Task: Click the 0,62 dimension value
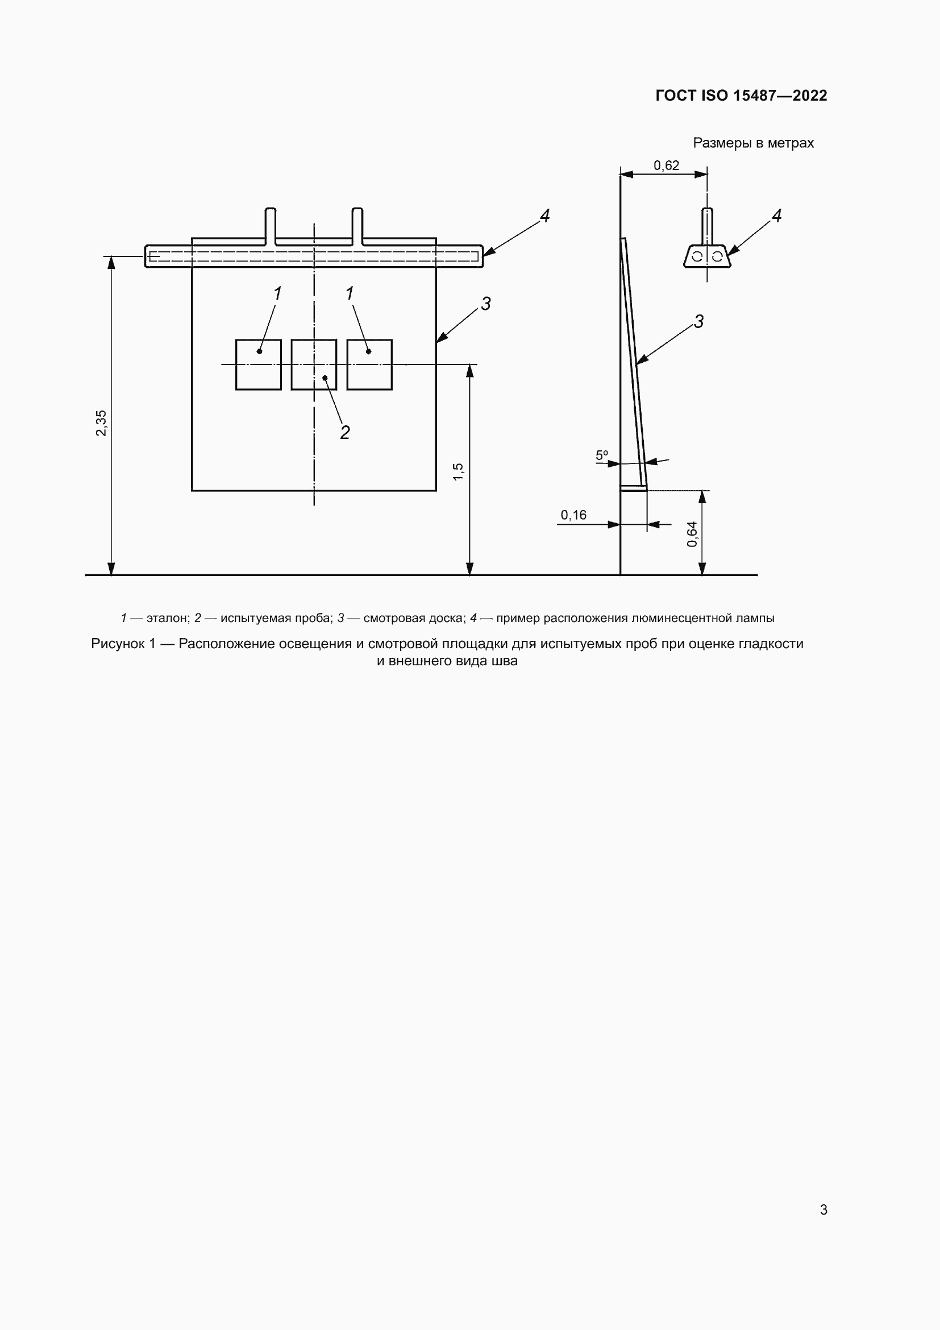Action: pos(666,165)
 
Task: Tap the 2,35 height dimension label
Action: pos(101,423)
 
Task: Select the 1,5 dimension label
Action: pos(459,471)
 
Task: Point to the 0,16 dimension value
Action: pos(573,515)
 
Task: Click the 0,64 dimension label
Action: pos(692,534)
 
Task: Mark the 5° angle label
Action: pos(602,455)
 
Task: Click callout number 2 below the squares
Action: pos(345,432)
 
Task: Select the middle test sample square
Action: pos(314,364)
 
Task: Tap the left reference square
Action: pos(258,364)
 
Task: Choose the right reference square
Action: pos(369,364)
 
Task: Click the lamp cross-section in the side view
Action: pos(707,256)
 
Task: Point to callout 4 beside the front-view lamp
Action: pos(544,216)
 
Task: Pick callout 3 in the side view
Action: pos(698,321)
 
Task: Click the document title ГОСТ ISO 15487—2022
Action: pos(741,96)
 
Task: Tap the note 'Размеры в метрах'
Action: pos(753,143)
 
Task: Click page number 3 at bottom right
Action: pos(823,1209)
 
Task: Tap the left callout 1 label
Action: pos(277,293)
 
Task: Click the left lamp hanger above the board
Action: pos(271,226)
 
